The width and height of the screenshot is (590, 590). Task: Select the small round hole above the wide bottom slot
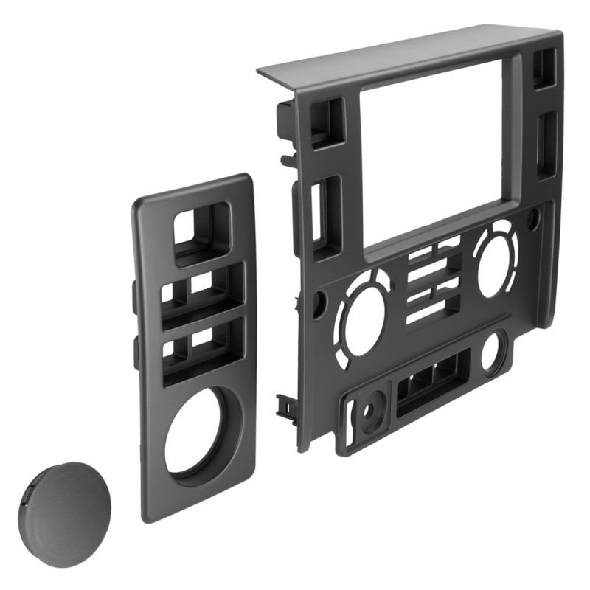[x=492, y=351]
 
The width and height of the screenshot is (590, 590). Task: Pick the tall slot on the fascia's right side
[x=546, y=144]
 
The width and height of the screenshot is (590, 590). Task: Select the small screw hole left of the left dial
[x=319, y=302]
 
